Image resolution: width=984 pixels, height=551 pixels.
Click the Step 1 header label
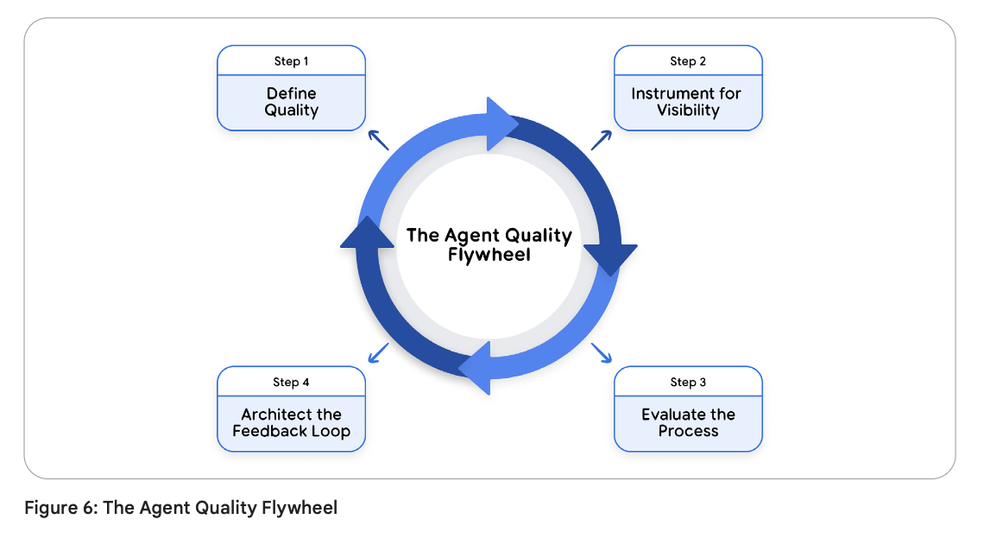pos(291,60)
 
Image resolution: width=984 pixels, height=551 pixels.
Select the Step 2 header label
pos(688,60)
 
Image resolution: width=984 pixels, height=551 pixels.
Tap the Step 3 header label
pos(688,383)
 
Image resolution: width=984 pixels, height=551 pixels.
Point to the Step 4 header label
pos(291,383)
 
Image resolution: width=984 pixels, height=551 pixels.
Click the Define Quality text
pos(291,102)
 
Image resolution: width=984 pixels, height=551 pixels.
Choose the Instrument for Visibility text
pos(686,102)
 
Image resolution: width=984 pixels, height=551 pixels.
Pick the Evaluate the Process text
pos(689,422)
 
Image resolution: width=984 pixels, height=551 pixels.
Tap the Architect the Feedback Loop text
pos(291,422)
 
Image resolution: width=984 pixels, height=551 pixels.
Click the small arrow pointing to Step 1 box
pos(378,140)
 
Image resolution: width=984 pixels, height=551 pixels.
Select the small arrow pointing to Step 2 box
pos(602,140)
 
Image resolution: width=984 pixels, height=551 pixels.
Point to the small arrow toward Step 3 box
pos(602,352)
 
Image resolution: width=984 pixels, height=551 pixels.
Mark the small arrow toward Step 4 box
pos(378,352)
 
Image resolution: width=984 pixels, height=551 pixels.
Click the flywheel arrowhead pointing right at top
pos(501,123)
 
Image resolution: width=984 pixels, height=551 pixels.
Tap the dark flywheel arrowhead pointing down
pos(610,258)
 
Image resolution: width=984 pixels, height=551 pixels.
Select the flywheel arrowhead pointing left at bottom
pos(476,368)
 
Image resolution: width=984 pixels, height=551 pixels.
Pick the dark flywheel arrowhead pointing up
pos(367,233)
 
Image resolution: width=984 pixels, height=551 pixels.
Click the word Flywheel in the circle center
pos(489,255)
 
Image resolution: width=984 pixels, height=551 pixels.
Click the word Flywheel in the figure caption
pos(300,508)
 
